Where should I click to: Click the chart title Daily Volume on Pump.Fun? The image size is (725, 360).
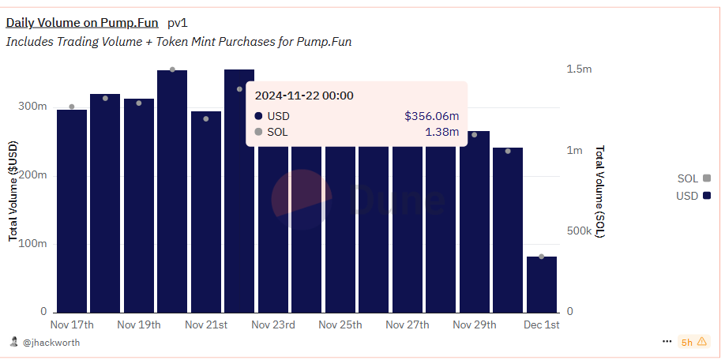point(82,23)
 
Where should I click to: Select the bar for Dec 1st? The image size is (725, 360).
point(542,284)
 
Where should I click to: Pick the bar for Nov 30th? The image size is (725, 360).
point(508,229)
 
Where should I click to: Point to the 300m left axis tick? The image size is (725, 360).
point(32,107)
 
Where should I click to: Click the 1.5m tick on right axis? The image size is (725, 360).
point(579,69)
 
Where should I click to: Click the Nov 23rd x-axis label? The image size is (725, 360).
point(273,325)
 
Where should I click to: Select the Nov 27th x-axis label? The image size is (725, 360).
point(408,325)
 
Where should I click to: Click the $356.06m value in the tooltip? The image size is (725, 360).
point(431,116)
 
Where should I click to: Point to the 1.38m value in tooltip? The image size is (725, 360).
point(442,132)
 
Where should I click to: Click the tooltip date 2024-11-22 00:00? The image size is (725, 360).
point(304,96)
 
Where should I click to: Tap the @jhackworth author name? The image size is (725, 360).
point(51,343)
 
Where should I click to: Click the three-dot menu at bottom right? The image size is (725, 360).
point(667,342)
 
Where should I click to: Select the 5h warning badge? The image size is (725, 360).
point(693,342)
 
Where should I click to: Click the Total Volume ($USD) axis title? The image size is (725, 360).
point(13,191)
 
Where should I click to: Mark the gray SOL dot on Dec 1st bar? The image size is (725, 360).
point(542,257)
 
